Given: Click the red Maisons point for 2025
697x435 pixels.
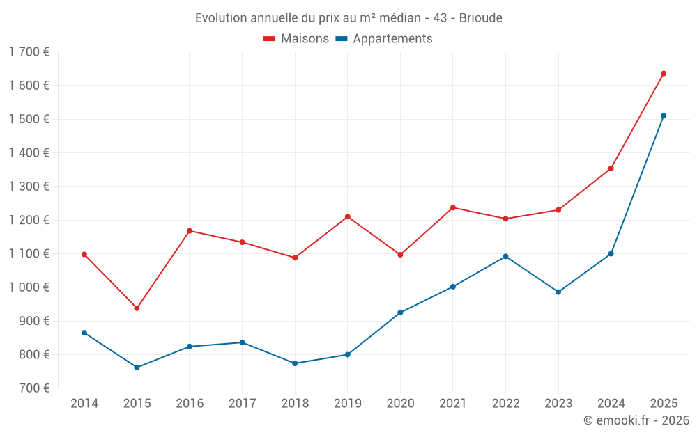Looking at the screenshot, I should (664, 73).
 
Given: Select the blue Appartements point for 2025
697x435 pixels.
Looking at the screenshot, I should (664, 116).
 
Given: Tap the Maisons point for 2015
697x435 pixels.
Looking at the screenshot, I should (137, 308).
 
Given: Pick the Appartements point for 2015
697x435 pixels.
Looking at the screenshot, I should (137, 367).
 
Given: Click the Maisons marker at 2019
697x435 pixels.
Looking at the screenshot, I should (348, 216).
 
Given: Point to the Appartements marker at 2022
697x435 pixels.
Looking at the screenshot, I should (505, 256).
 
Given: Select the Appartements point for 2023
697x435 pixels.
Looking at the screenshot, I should (558, 292).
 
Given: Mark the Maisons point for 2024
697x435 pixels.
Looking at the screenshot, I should (611, 168).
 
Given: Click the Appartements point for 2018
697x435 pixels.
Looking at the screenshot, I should (295, 363).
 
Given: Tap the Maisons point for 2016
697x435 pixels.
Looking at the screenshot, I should (190, 230).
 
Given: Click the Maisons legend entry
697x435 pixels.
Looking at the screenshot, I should (296, 39).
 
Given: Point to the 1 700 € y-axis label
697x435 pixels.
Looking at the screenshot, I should (29, 52).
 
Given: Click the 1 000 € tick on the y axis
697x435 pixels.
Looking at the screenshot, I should (29, 287).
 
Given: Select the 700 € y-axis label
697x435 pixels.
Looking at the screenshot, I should (33, 388).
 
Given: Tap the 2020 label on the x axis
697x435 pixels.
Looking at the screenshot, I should (400, 404).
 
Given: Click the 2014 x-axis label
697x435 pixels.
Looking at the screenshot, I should (84, 404).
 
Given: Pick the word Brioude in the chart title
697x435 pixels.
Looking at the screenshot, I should (480, 18).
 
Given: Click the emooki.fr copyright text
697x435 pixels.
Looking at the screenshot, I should (636, 420).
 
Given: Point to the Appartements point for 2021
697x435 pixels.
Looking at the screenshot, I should (453, 286).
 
